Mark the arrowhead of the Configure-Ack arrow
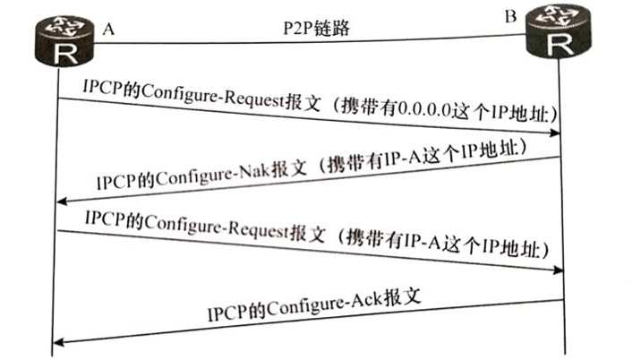pos(61,341)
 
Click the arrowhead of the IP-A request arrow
pos(557,269)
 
